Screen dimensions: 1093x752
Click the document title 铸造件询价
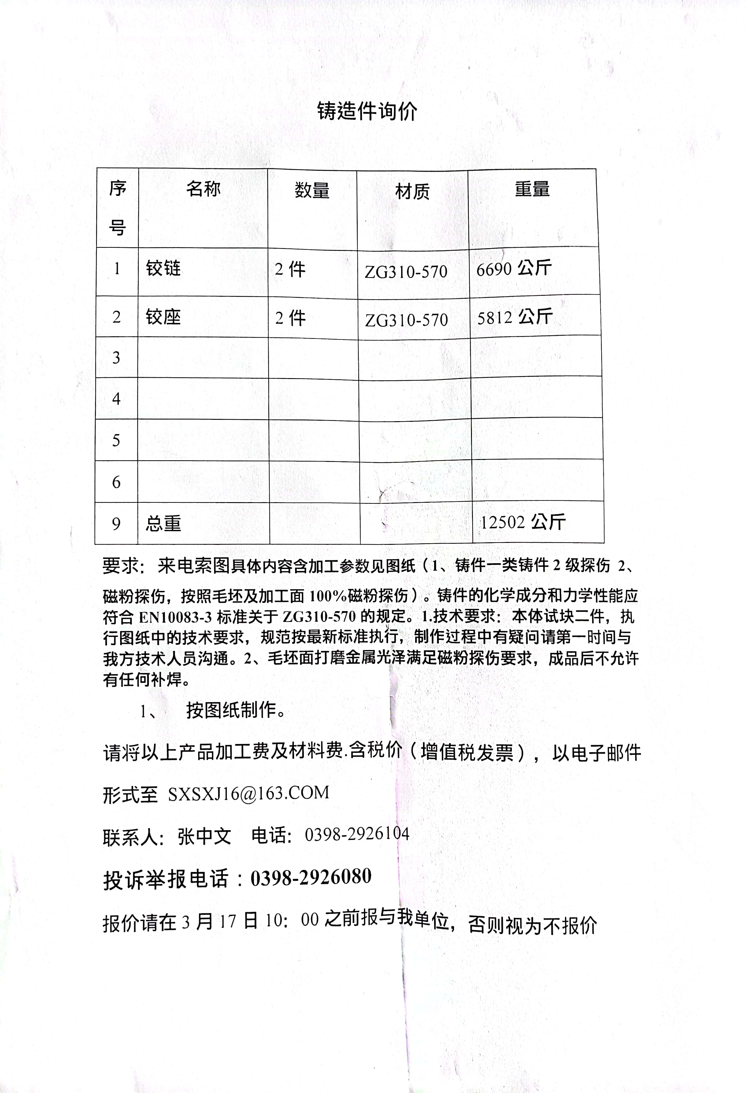click(x=367, y=112)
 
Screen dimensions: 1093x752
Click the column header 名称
click(x=203, y=189)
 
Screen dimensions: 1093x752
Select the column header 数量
click(x=312, y=190)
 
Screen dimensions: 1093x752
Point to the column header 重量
click(x=532, y=189)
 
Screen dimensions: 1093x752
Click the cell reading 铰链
click(x=163, y=269)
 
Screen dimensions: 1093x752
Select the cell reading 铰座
click(x=163, y=317)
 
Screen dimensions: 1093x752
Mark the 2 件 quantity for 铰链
click(x=290, y=270)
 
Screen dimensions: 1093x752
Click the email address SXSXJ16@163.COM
click(x=248, y=793)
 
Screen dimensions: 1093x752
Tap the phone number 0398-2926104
click(x=357, y=834)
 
